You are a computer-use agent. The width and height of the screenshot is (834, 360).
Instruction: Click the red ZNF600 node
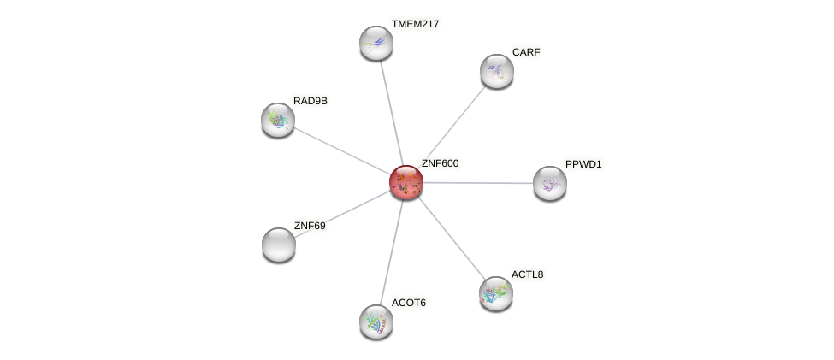coord(405,182)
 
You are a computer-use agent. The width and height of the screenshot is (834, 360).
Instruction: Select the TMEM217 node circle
coord(376,43)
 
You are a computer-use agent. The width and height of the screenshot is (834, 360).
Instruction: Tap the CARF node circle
coord(496,71)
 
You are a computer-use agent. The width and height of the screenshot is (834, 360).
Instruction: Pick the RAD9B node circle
coord(278,120)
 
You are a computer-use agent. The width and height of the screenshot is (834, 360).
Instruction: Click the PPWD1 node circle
coord(549,183)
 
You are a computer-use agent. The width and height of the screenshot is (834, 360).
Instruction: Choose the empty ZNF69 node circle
coord(279,245)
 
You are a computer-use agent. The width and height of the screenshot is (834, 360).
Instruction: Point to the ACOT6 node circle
coord(376,322)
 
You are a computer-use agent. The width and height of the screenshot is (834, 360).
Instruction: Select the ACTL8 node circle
coord(495,293)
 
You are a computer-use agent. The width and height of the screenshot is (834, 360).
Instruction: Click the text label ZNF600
coord(440,163)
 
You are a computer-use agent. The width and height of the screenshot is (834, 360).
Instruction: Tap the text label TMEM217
coord(415,24)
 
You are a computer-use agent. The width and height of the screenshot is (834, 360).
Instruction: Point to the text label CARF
coord(526,52)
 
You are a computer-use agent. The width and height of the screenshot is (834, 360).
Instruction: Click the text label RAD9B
coord(310,101)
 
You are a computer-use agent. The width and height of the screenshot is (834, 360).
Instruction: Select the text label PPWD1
coord(583,164)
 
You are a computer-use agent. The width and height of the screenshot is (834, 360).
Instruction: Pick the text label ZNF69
coord(310,226)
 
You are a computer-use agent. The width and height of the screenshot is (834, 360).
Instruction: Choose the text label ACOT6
coord(408,303)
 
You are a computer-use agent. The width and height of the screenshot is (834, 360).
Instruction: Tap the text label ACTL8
coord(527,274)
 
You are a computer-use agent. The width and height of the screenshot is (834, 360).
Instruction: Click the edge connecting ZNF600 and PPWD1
coord(479,183)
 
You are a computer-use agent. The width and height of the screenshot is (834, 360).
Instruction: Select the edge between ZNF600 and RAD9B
coord(342,151)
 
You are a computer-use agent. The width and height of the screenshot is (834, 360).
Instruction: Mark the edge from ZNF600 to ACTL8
coord(451,238)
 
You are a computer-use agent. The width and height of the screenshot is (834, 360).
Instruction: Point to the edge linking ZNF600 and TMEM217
coord(391,112)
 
